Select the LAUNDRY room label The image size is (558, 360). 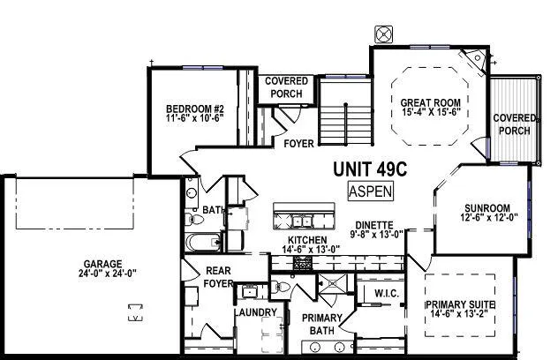[256, 312]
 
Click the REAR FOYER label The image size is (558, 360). [218, 277]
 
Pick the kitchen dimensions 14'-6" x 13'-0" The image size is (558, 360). [306, 250]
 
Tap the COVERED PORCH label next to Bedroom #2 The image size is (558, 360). [286, 88]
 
